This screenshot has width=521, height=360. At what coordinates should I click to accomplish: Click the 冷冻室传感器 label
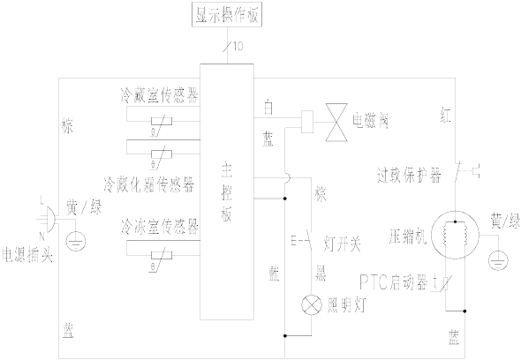click(161, 227)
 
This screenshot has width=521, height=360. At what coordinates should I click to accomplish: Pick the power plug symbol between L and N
click(41, 214)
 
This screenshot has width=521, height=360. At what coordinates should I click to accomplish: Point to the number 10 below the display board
click(237, 45)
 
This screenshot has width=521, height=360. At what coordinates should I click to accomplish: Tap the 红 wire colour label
click(445, 111)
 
